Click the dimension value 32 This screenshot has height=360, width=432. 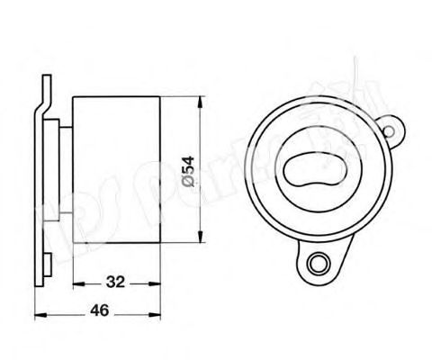click(x=113, y=282)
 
